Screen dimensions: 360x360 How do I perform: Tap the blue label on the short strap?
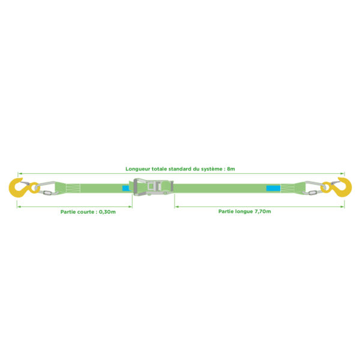(x=126, y=188)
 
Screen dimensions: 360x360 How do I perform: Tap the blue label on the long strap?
(x=273, y=188)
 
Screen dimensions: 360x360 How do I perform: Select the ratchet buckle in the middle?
(x=153, y=187)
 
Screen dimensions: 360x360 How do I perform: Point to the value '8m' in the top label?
(x=231, y=169)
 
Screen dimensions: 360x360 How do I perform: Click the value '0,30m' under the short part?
(x=107, y=212)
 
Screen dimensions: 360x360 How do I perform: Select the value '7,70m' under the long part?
(x=263, y=211)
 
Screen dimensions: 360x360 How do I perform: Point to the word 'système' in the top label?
(x=212, y=169)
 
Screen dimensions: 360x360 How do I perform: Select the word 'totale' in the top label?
(x=160, y=169)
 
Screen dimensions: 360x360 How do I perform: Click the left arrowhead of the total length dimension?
(x=19, y=173)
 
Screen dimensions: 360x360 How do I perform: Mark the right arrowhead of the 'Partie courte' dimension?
(x=131, y=207)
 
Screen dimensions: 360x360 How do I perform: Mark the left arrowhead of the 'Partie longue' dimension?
(x=176, y=207)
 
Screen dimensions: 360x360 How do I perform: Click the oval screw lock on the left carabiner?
(x=47, y=193)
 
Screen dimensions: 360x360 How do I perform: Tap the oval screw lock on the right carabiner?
(x=313, y=193)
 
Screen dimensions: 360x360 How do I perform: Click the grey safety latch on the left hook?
(x=25, y=183)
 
